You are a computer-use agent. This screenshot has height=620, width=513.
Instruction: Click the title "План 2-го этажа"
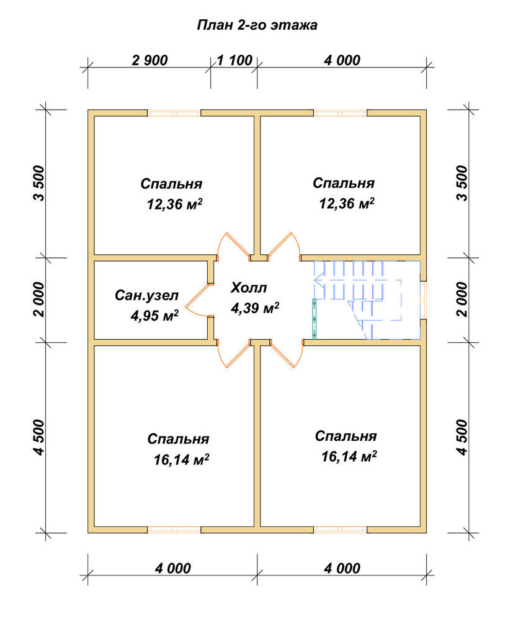(257, 25)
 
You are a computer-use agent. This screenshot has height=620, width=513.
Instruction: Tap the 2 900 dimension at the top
(149, 60)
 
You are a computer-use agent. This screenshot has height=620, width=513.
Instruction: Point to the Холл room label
(249, 288)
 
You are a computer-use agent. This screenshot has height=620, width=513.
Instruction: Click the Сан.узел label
(147, 295)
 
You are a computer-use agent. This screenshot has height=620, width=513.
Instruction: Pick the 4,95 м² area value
(154, 315)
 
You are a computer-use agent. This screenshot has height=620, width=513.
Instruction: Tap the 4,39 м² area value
(255, 308)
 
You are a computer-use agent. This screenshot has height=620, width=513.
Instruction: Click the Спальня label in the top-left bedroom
(171, 184)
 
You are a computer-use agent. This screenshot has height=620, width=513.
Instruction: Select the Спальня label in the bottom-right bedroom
(346, 436)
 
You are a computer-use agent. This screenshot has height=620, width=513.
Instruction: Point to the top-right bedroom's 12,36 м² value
(347, 203)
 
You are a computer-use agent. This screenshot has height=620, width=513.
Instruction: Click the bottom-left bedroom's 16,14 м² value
(181, 459)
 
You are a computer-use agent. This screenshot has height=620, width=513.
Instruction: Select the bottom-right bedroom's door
(287, 354)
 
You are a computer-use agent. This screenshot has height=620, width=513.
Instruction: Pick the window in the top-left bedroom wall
(174, 113)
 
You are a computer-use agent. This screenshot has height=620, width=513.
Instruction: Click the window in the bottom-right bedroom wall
(341, 530)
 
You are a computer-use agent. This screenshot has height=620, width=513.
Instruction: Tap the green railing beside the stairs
(314, 319)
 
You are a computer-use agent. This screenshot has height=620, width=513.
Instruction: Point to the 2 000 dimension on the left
(40, 299)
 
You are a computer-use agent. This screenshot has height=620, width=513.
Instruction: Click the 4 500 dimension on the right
(462, 437)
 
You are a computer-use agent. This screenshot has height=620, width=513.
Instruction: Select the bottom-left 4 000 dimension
(173, 569)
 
